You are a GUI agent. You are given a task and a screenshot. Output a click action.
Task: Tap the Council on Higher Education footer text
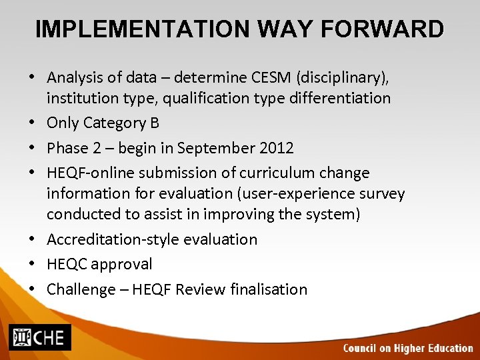pyautogui.click(x=407, y=348)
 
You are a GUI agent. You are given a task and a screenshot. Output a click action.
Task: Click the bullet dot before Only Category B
pyautogui.click(x=33, y=123)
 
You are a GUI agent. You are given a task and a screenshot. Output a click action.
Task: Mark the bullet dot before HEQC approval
pyautogui.click(x=33, y=264)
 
